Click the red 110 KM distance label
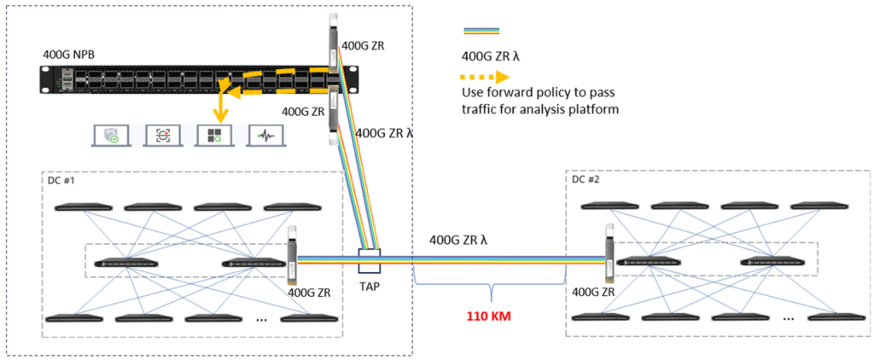488,314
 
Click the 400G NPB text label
68,55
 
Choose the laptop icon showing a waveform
265,135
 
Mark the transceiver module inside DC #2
609,253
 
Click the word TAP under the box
371,287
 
